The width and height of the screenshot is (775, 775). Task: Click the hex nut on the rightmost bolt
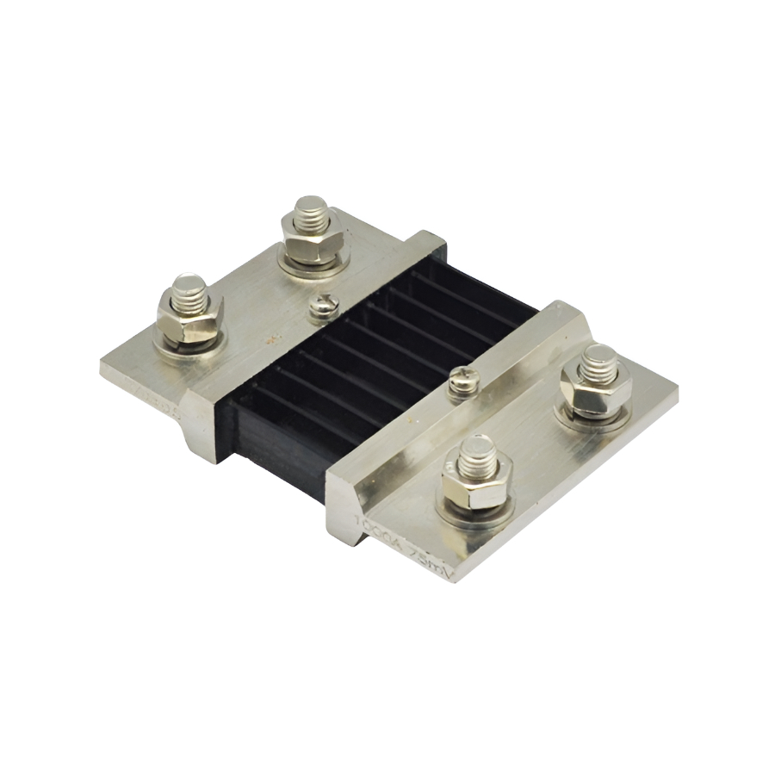coord(595,391)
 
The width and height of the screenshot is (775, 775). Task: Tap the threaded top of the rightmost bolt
coord(598,360)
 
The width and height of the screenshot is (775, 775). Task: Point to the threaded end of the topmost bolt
coord(308,211)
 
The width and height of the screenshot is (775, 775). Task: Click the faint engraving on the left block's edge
coord(155,400)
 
